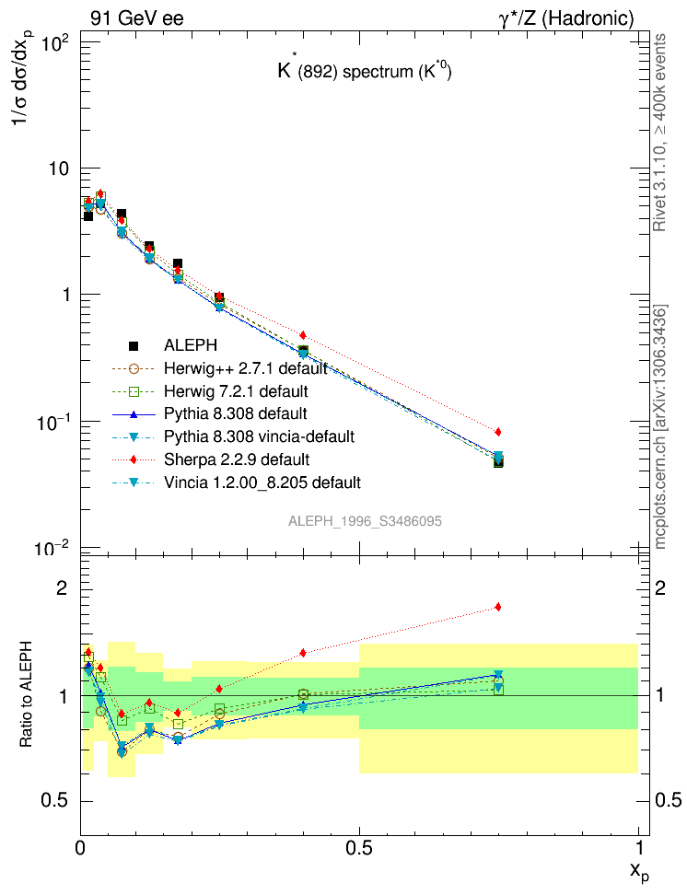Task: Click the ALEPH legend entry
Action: [192, 346]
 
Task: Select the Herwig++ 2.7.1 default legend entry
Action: [245, 369]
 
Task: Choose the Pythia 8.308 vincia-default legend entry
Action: [259, 436]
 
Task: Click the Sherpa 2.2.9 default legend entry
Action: [236, 459]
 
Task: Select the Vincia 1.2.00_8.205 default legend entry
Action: [262, 482]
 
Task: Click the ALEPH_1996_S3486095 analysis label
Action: [365, 521]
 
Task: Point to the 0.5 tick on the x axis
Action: [359, 845]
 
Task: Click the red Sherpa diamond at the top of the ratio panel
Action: [498, 607]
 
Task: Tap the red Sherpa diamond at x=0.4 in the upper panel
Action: [303, 335]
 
